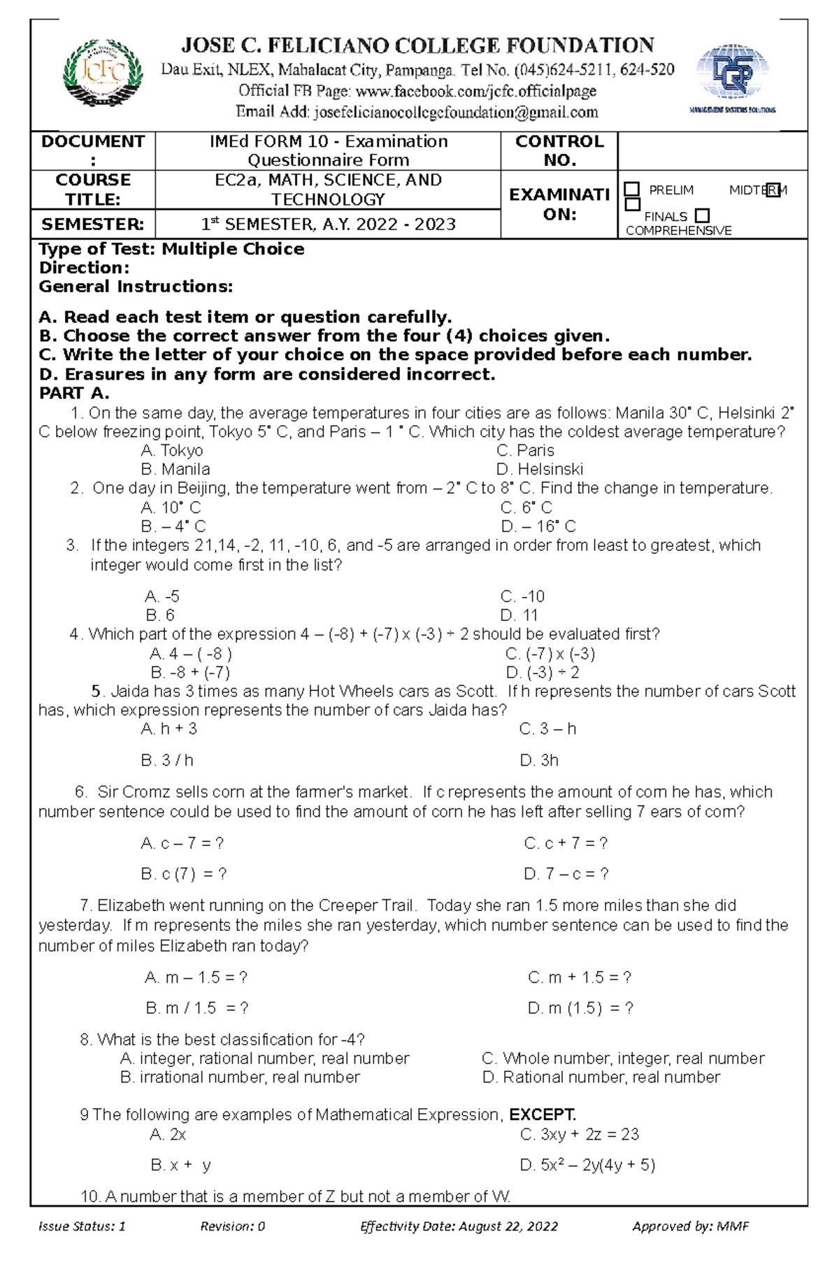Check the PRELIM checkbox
[632, 189]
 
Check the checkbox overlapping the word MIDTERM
[772, 190]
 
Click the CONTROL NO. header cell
[559, 150]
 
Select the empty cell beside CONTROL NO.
[712, 150]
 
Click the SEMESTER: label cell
[92, 224]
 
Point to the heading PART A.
[73, 393]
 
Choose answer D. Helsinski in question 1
[539, 469]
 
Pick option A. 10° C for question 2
[171, 508]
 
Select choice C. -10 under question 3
[522, 596]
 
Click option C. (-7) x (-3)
[550, 654]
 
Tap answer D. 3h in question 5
[539, 760]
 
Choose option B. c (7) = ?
[184, 874]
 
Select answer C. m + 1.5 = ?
[579, 977]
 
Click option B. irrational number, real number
[240, 1077]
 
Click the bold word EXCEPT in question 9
[543, 1114]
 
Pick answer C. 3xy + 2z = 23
[580, 1134]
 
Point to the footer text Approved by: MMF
[690, 1245]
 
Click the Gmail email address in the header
[455, 112]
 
